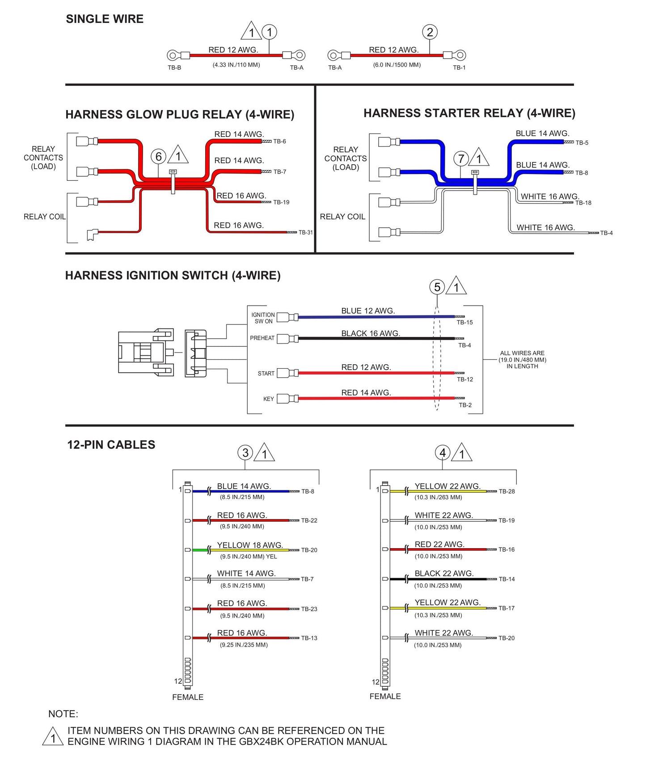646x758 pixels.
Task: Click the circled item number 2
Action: (x=430, y=32)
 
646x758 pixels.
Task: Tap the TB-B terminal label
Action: (x=174, y=68)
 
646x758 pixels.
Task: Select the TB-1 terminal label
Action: (x=459, y=68)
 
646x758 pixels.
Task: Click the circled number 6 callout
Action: (x=158, y=157)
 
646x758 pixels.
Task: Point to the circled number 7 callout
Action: (x=461, y=158)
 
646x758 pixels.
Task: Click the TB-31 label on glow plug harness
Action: (x=306, y=232)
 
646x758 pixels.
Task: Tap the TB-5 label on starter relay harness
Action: (x=582, y=143)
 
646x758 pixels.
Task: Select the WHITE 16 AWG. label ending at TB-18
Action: (x=549, y=196)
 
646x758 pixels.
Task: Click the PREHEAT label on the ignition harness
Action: (x=262, y=338)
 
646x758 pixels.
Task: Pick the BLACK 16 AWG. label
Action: (x=370, y=333)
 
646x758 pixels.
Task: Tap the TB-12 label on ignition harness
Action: (x=464, y=379)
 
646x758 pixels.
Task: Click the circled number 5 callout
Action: (x=437, y=287)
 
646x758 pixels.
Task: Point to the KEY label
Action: (x=268, y=399)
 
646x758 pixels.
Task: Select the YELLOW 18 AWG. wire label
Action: (x=250, y=545)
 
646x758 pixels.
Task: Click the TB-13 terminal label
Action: (x=309, y=638)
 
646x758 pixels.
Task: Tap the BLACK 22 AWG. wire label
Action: (x=443, y=573)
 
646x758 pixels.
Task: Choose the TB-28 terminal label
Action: (x=507, y=491)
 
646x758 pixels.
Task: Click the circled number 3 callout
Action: (x=245, y=453)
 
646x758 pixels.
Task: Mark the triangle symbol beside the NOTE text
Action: (x=53, y=737)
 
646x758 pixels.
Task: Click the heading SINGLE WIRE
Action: (x=105, y=19)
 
